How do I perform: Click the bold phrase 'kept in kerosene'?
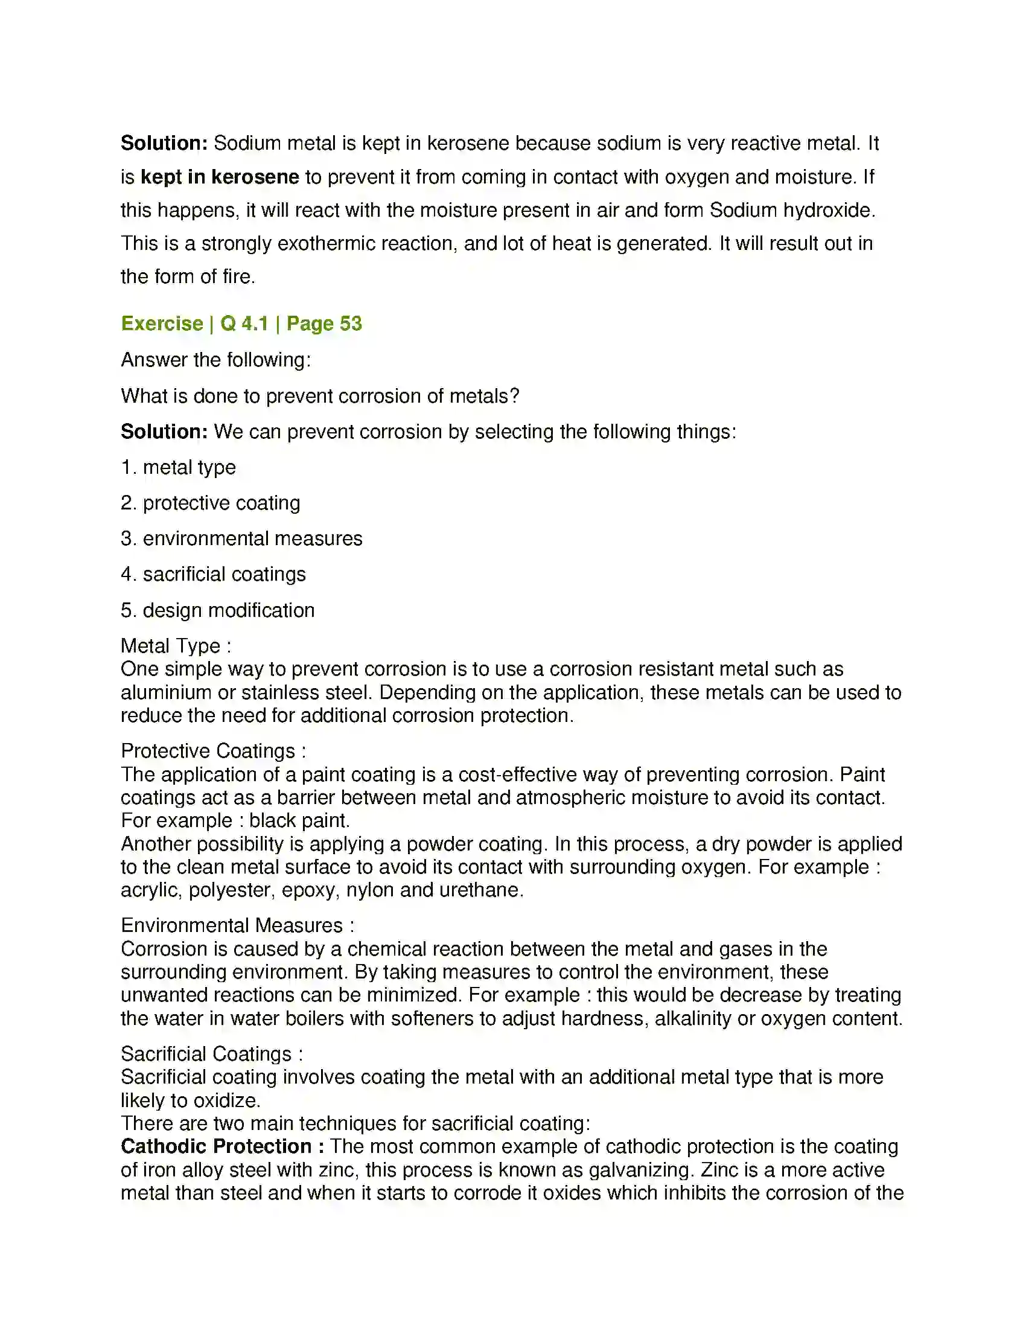tap(220, 177)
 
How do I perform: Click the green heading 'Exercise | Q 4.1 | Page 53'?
tap(241, 324)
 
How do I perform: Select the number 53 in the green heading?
tap(351, 324)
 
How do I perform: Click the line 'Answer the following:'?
tap(216, 360)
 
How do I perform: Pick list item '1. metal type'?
tap(178, 467)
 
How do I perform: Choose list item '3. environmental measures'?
tap(241, 538)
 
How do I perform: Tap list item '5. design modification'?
tap(218, 610)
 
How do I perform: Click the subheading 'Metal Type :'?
tap(176, 646)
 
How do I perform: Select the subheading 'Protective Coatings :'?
tap(213, 751)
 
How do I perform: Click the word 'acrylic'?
tap(150, 890)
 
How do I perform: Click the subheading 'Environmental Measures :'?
tap(238, 925)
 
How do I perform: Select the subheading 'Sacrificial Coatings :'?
tap(211, 1054)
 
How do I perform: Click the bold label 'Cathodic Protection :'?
tap(223, 1147)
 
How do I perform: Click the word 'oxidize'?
tap(226, 1100)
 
